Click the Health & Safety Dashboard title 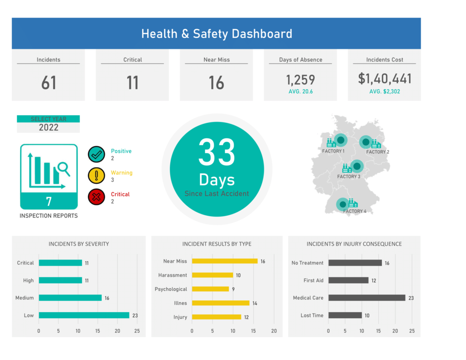217,34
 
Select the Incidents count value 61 49,83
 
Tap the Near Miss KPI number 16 216,83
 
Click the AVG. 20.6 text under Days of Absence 300,91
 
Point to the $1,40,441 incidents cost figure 385,79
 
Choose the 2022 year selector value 48,127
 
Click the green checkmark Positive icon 96,154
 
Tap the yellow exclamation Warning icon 96,176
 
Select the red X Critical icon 96,197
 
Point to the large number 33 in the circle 217,152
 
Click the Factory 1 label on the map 333,151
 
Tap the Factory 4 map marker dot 343,205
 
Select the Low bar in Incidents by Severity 84,315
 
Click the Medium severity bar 70,298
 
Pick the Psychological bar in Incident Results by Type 210,289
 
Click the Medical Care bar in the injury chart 366,298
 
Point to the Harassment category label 172,275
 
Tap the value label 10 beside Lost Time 367,315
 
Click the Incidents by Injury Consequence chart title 354,244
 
